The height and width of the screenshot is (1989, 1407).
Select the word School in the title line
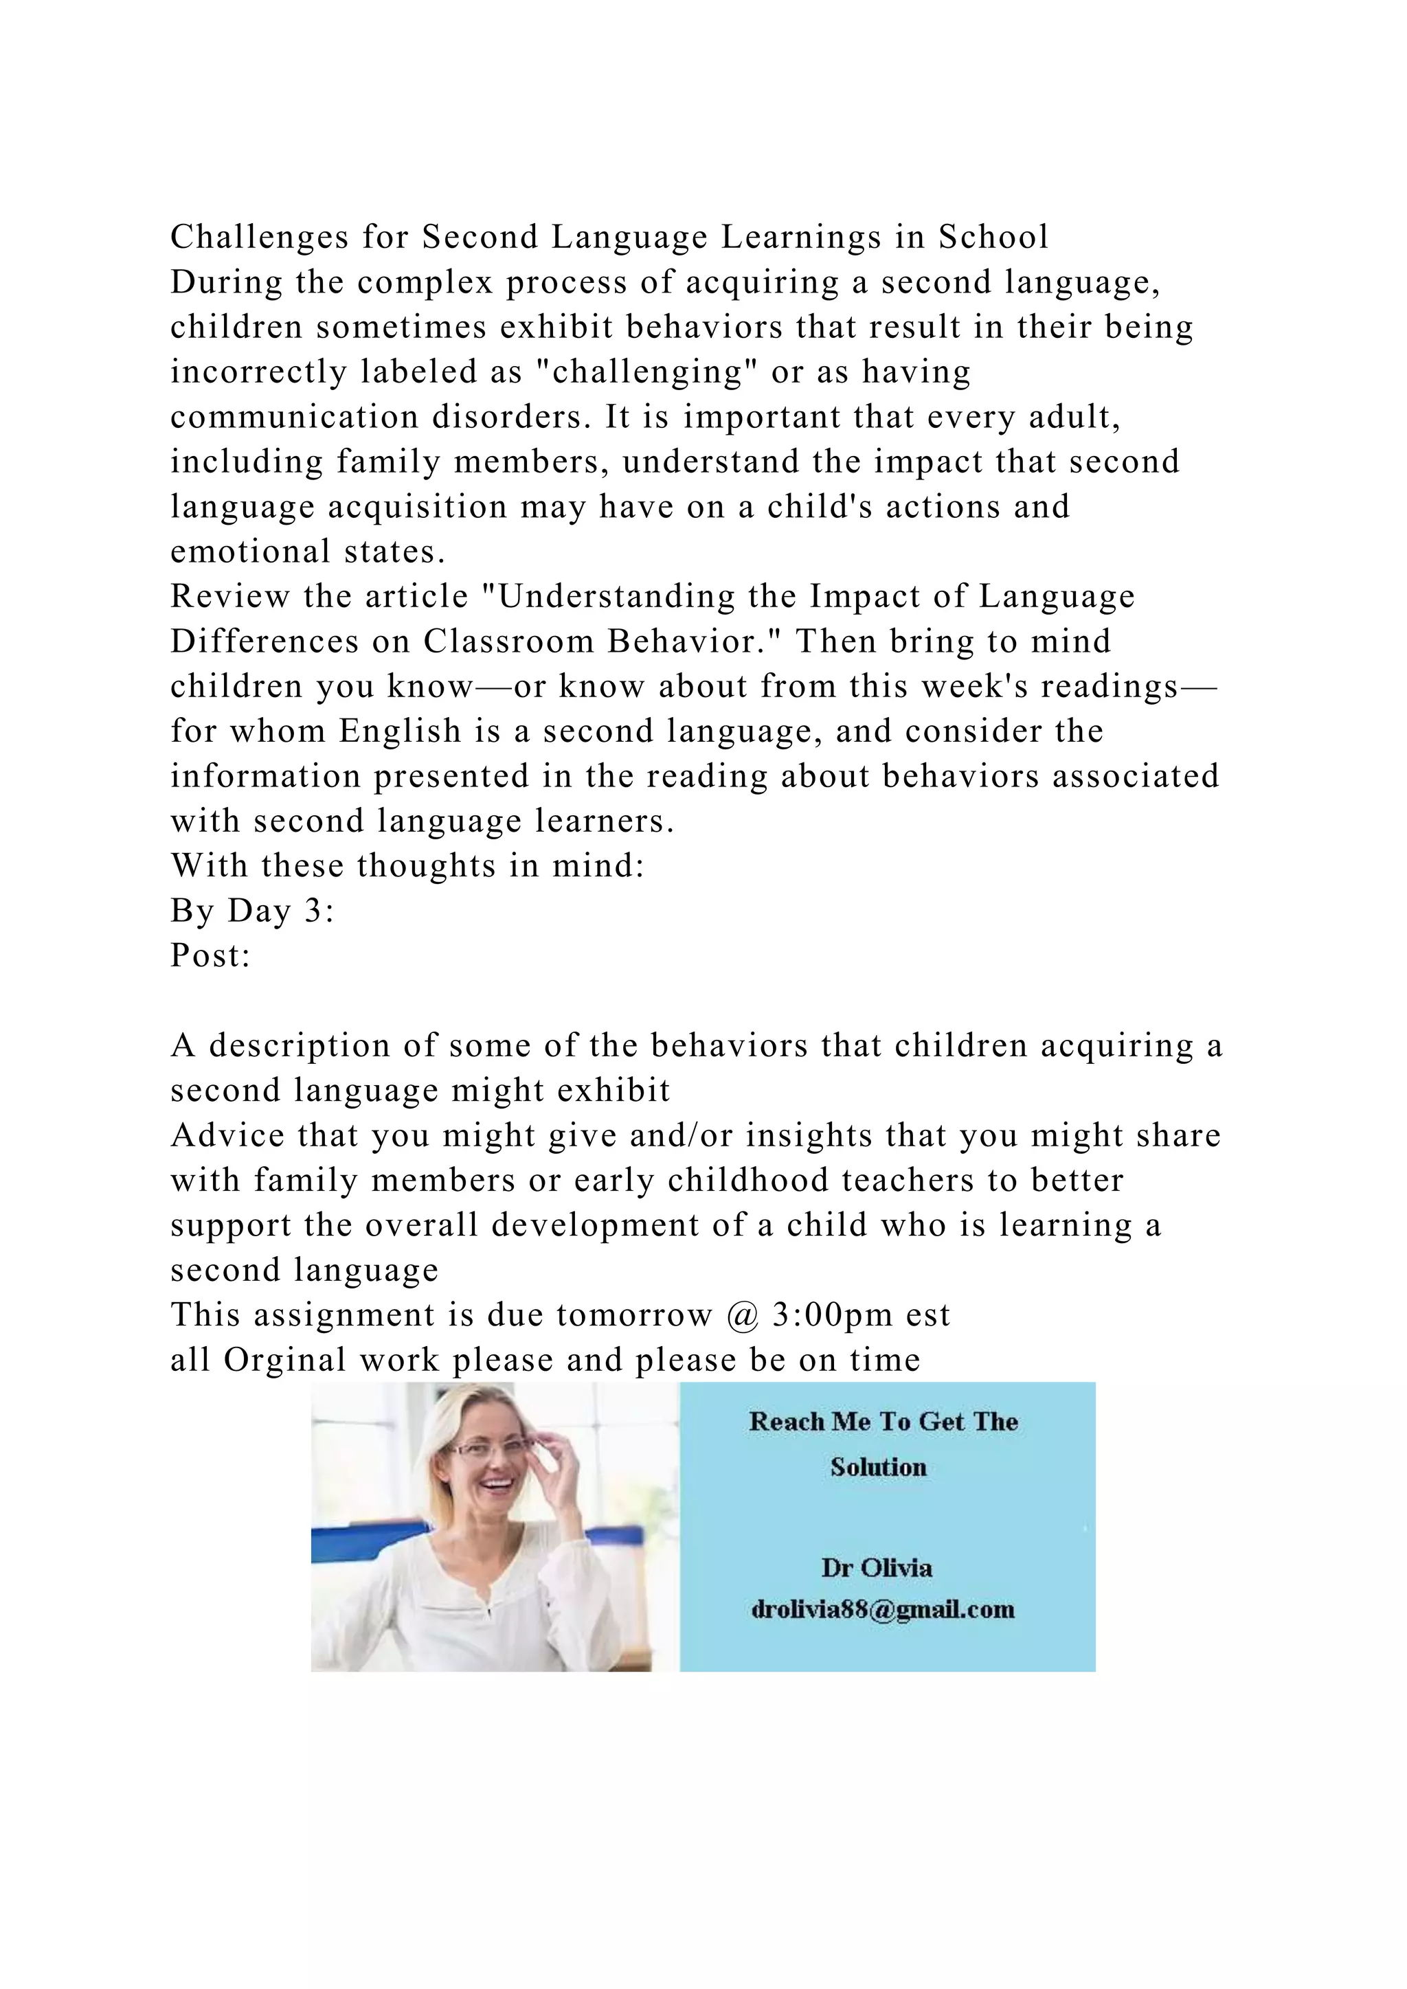[993, 236]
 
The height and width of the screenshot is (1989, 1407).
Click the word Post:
[210, 955]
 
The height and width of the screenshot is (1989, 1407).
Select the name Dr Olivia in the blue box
[877, 1568]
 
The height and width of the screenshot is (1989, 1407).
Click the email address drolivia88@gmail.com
[882, 1610]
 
